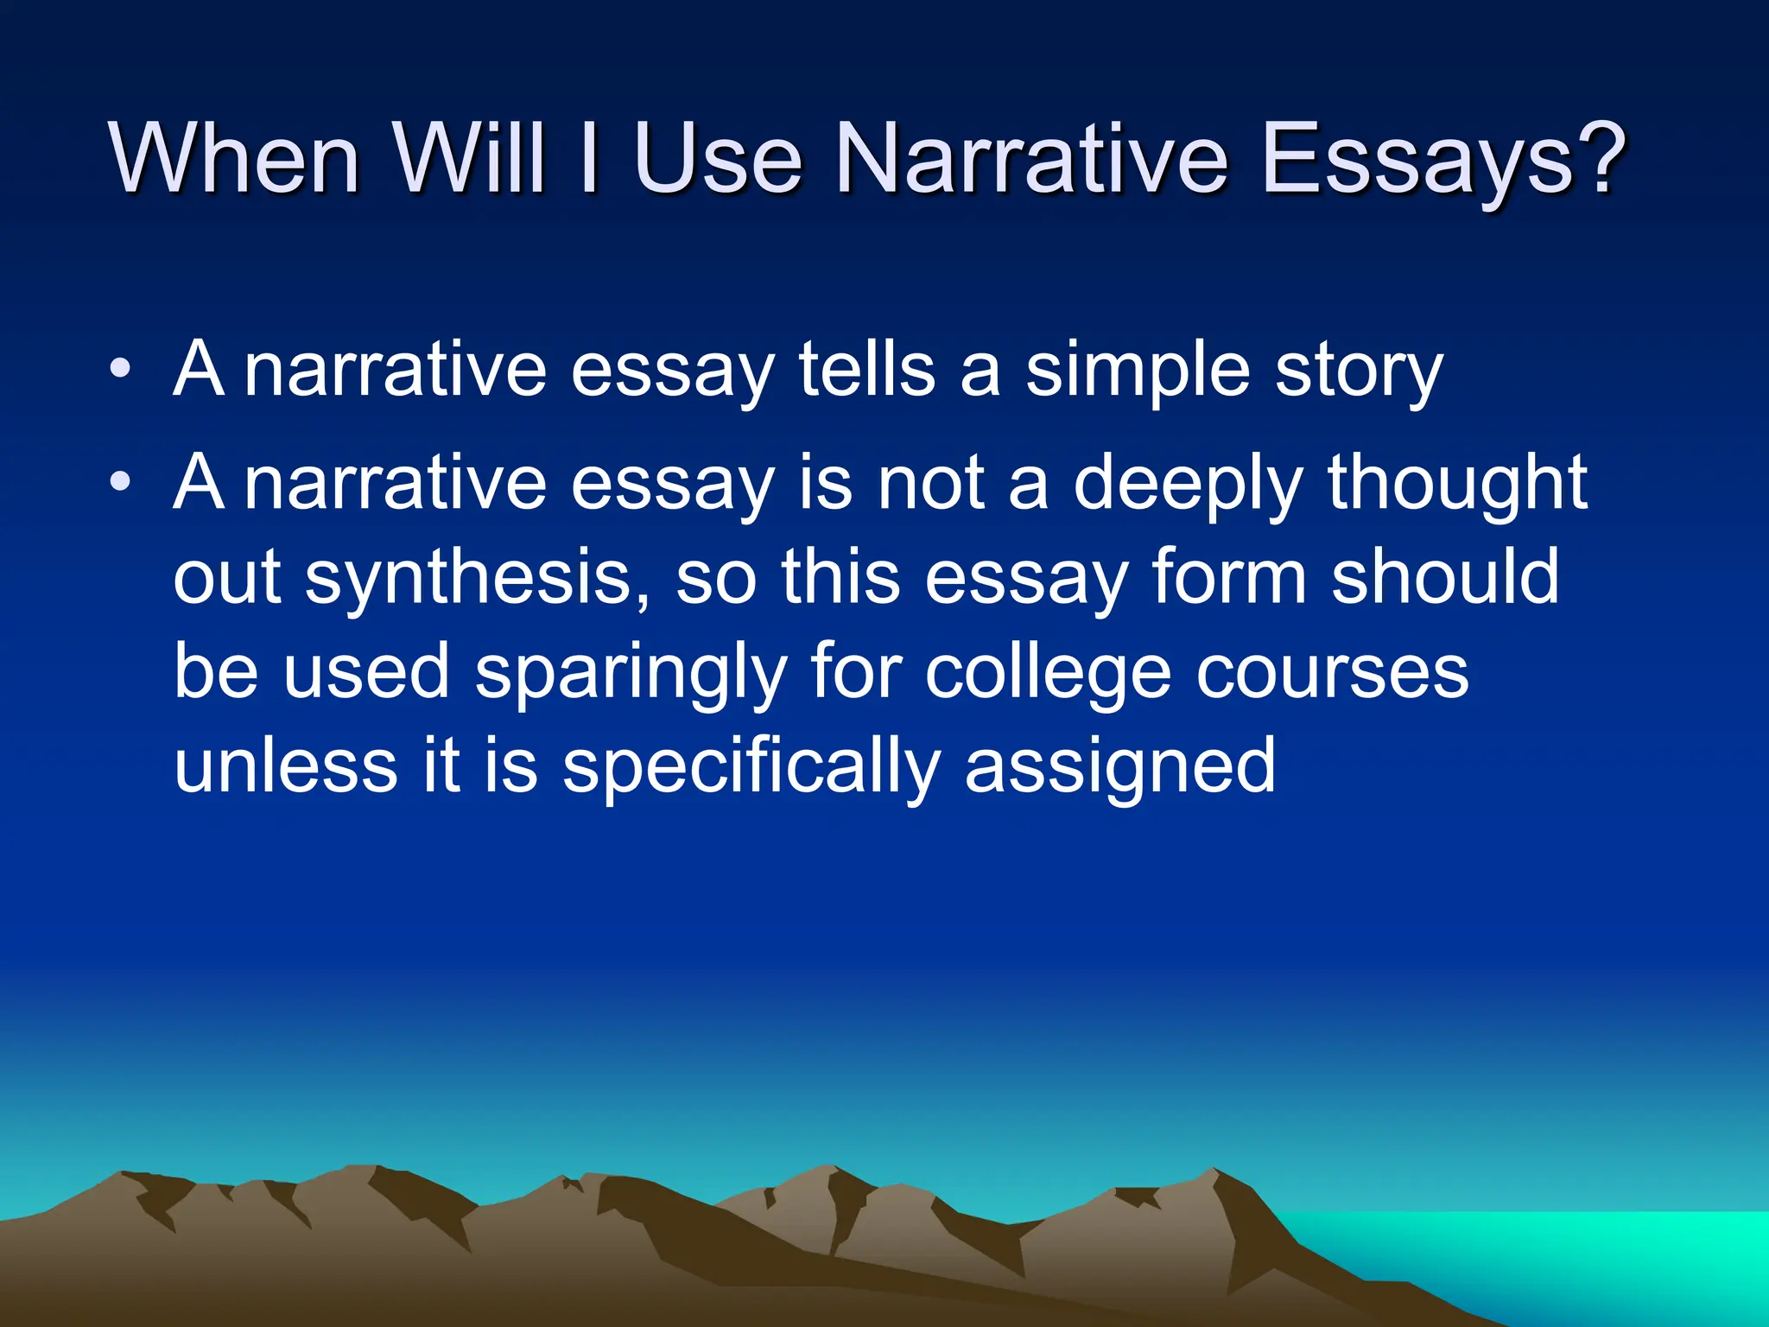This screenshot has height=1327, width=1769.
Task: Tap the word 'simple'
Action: [x=1138, y=371]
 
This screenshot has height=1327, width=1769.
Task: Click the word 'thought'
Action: [x=1457, y=484]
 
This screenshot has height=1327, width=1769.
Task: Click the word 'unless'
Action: [x=286, y=766]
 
